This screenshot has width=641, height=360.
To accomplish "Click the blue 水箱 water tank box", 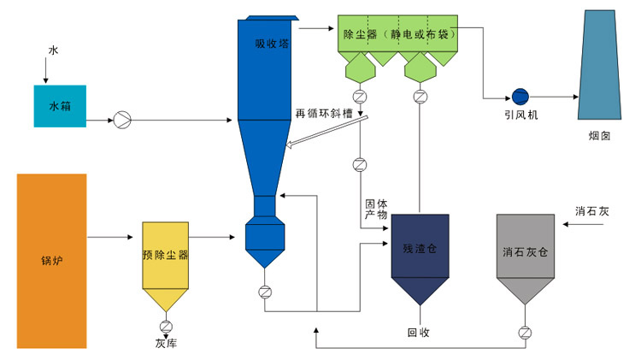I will pyautogui.click(x=60, y=106).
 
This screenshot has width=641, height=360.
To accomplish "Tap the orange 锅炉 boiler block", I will pyautogui.click(x=51, y=260).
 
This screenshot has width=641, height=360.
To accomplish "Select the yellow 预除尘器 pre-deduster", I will pyautogui.click(x=166, y=257).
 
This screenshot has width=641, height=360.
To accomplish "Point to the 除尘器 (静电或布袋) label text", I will pyautogui.click(x=393, y=35).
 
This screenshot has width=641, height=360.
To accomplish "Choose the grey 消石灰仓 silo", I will pyautogui.click(x=524, y=253).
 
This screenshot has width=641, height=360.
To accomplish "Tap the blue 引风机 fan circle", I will pyautogui.click(x=518, y=96).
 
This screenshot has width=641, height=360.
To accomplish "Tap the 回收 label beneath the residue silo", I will pyautogui.click(x=419, y=333).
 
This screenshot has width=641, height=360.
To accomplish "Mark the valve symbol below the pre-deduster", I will pyautogui.click(x=165, y=325).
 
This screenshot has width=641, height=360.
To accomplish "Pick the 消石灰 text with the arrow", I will pyautogui.click(x=590, y=210).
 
